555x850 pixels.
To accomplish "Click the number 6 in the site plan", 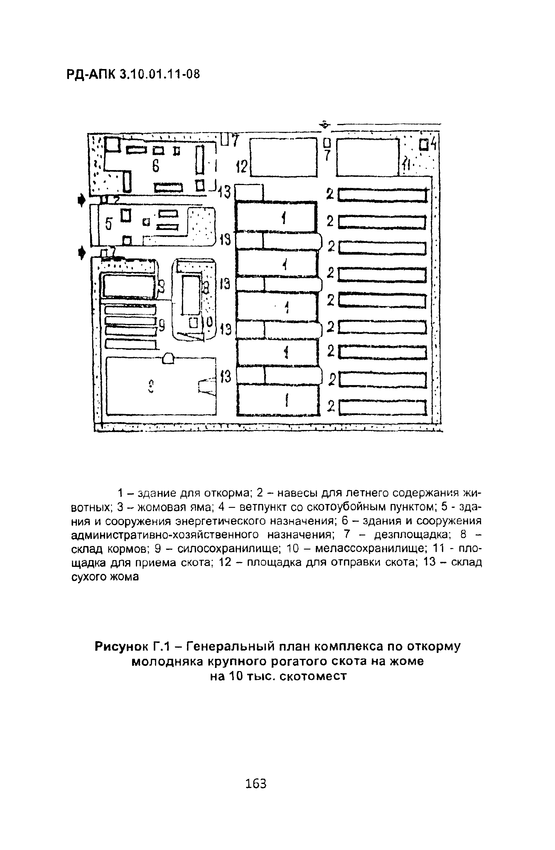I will point(156,166).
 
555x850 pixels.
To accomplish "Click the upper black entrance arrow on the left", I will point(81,200).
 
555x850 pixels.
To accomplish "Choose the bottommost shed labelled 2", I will point(383,407).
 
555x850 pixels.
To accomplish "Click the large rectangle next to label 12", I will point(284,157).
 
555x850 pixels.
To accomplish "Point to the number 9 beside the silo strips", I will point(162,325).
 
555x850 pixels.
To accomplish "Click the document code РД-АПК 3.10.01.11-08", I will point(134,74).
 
